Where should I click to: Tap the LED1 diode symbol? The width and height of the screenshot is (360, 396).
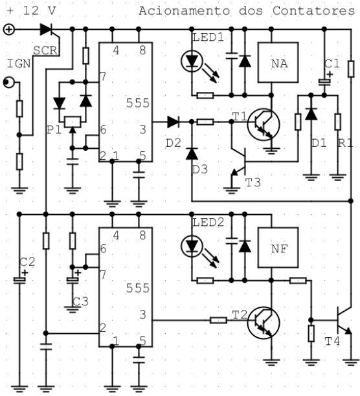[x=192, y=61]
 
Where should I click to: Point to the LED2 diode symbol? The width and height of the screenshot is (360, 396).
[x=192, y=247]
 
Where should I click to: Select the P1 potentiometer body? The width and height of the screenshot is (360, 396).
[x=73, y=122]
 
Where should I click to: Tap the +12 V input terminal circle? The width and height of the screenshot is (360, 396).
[x=9, y=30]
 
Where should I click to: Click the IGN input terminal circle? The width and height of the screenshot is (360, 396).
[x=9, y=82]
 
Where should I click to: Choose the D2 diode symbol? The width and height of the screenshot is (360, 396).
[x=174, y=122]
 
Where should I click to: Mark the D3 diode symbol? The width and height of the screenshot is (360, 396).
[x=192, y=153]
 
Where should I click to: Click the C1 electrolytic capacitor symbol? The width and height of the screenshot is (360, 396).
[x=324, y=82]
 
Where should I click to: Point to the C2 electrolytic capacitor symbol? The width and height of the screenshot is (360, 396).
[x=19, y=280]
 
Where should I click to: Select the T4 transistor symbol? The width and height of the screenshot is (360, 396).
[x=344, y=320]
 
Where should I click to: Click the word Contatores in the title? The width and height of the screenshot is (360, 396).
[x=314, y=11]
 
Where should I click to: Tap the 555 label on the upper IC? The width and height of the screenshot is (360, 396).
[x=138, y=103]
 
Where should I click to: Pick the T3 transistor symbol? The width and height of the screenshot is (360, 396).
[x=239, y=162]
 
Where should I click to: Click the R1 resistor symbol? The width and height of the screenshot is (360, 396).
[x=338, y=122]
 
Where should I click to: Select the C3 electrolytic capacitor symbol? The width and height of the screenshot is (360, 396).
[x=73, y=280]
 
